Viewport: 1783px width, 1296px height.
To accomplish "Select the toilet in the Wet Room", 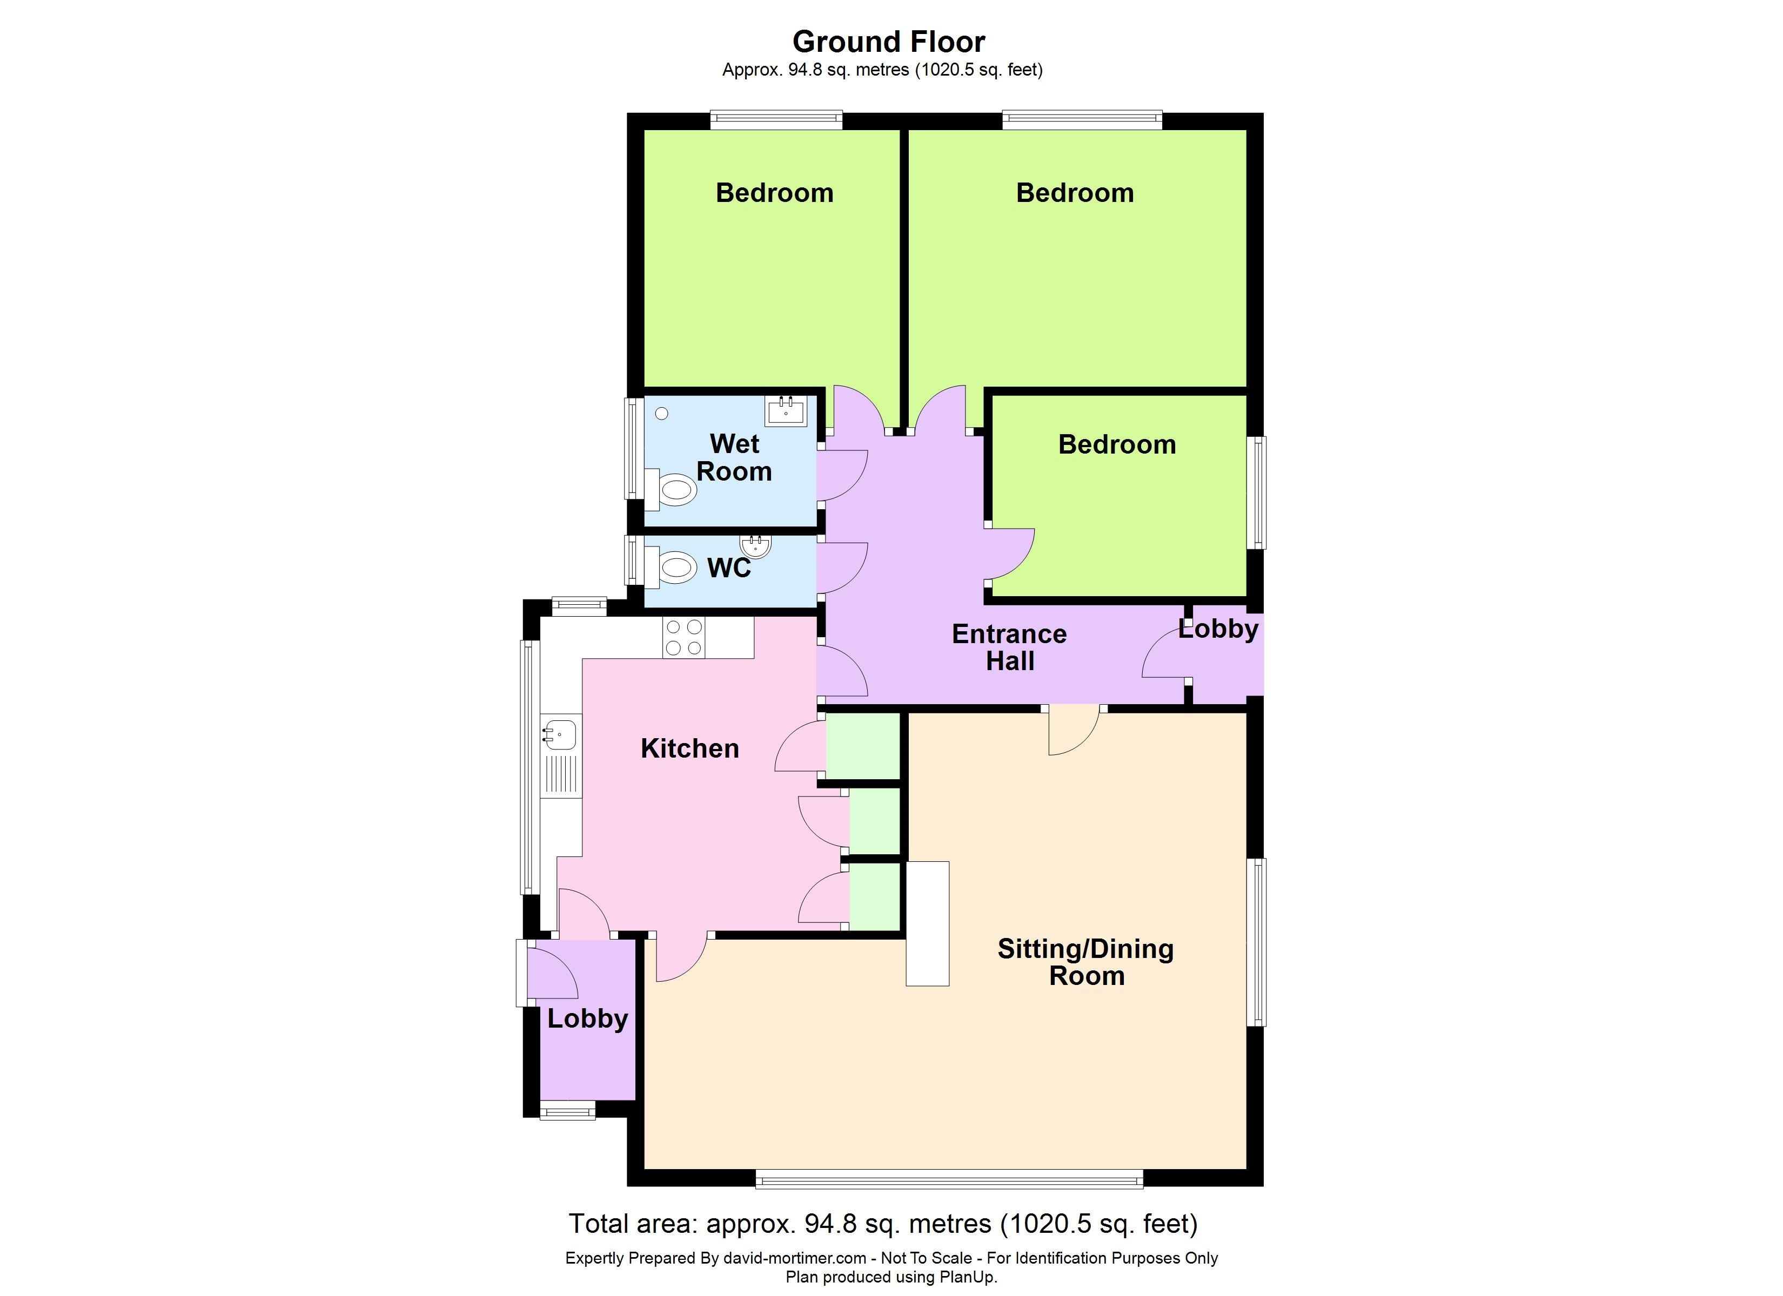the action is point(671,490).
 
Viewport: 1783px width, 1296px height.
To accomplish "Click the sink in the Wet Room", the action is point(786,411).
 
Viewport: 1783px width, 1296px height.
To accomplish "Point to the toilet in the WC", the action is point(671,566).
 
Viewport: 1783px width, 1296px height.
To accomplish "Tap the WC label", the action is point(729,568).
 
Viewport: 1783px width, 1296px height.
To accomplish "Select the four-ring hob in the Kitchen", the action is point(684,637).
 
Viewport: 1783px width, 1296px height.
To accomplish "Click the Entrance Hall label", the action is point(1009,647).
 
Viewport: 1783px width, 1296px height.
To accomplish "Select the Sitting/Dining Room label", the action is point(1085,962).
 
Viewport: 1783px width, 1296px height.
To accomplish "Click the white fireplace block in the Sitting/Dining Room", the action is point(928,923).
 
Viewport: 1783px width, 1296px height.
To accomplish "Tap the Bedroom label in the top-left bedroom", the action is point(774,193).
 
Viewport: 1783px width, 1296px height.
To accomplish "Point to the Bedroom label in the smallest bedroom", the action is point(1117,444).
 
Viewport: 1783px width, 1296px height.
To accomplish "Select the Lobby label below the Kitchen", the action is point(587,1018).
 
